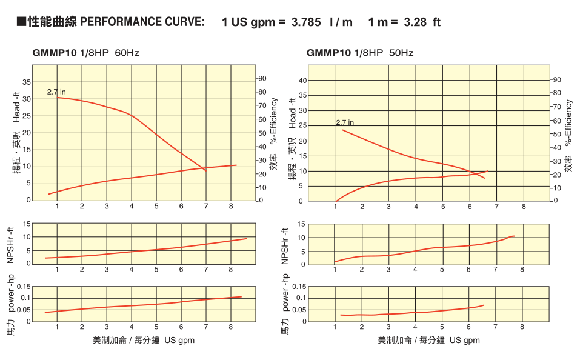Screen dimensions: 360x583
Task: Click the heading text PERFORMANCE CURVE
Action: click(x=142, y=22)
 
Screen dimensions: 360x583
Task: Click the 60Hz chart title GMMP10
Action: click(x=55, y=53)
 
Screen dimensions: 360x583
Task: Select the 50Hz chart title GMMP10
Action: click(x=328, y=53)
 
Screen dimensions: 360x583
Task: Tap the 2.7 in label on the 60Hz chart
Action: click(x=56, y=92)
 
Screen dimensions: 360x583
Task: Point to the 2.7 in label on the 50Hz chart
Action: click(x=345, y=122)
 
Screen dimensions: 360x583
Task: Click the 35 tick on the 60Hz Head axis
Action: click(x=26, y=82)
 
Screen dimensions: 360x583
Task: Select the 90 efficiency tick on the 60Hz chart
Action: click(x=262, y=78)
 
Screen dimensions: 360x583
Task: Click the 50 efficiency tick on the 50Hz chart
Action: click(x=556, y=134)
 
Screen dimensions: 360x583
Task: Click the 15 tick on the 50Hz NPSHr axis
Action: click(x=302, y=225)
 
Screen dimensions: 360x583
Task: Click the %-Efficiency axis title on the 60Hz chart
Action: click(x=275, y=120)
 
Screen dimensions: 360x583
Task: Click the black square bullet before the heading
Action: click(x=21, y=22)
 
